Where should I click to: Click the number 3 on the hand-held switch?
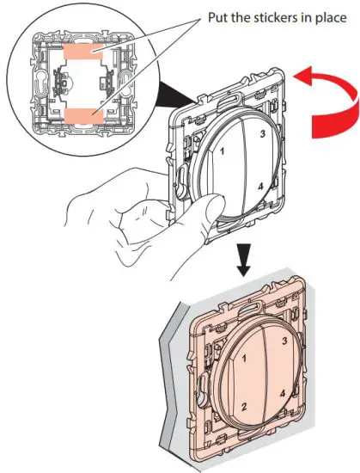[x=260, y=135]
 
